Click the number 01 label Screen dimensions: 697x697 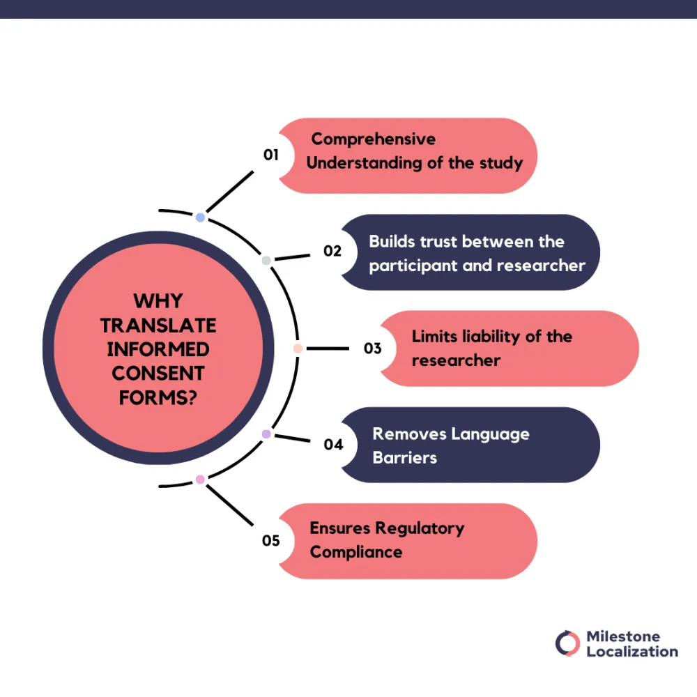click(x=270, y=155)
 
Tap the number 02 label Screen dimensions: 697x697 click(x=332, y=251)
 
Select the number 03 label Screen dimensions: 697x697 click(x=373, y=347)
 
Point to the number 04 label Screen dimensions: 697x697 click(x=333, y=444)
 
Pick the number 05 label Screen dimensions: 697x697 click(x=271, y=540)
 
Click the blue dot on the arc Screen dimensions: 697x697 click(x=200, y=217)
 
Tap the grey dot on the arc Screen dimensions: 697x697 click(x=266, y=261)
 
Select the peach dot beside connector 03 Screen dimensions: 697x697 click(x=298, y=348)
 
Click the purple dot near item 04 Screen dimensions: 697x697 click(x=266, y=434)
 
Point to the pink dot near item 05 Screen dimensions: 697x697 click(x=200, y=479)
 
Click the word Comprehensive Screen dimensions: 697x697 click(x=373, y=139)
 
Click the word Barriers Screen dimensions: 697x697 click(x=404, y=458)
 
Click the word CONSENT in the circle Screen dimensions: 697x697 click(x=158, y=372)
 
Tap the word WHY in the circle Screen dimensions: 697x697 click(x=158, y=301)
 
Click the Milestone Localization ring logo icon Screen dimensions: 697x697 click(x=567, y=643)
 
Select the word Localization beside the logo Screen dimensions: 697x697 click(x=631, y=651)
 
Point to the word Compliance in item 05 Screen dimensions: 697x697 click(x=356, y=552)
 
